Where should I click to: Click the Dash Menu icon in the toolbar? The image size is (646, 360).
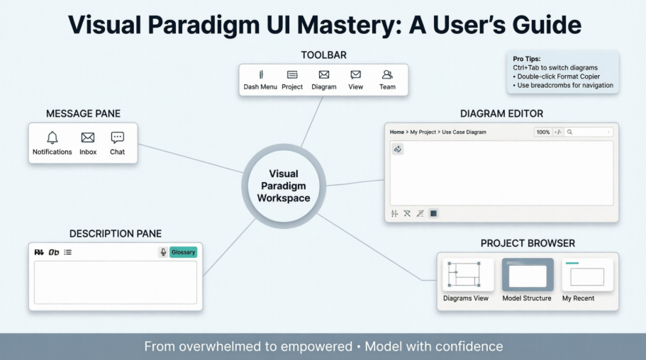pos(260,74)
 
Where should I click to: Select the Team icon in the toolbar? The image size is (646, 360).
pos(387,74)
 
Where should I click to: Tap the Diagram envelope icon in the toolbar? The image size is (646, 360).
pos(324,74)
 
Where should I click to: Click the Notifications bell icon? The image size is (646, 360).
pos(52,137)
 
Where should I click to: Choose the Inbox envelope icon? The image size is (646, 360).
pos(88,137)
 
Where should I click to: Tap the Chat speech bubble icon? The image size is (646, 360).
pos(118,137)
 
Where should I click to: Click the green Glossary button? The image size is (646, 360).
pos(183,252)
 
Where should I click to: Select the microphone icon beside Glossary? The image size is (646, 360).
pos(163,252)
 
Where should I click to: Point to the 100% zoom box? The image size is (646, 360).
pos(543,133)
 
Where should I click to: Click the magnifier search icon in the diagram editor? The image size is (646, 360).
pos(569,133)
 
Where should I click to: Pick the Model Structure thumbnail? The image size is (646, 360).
pos(527,276)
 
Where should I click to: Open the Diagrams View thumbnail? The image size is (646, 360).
pos(466,276)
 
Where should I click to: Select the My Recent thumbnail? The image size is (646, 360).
pos(587,276)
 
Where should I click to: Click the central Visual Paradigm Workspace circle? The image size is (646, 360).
pos(284,186)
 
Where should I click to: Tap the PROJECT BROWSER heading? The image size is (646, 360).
pos(528,243)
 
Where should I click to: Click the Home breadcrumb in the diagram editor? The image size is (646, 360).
pos(397,133)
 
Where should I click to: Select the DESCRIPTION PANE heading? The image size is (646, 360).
pos(116,234)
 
